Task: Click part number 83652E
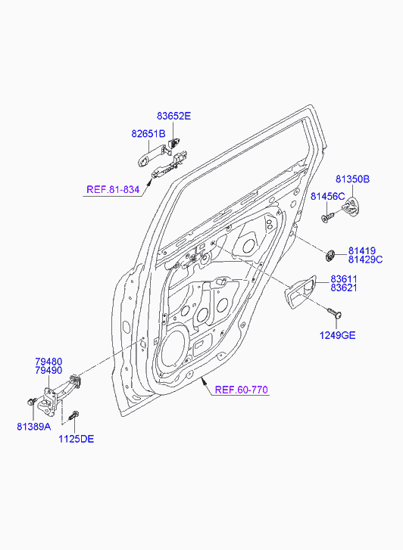(x=173, y=116)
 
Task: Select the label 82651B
(x=148, y=134)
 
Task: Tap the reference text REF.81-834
(x=113, y=190)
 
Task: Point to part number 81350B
(x=352, y=179)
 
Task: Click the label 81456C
(x=327, y=197)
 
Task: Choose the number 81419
(x=362, y=251)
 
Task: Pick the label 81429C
(x=365, y=259)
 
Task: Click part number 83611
(x=344, y=279)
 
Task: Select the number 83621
(x=344, y=287)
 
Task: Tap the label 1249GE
(x=337, y=335)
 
